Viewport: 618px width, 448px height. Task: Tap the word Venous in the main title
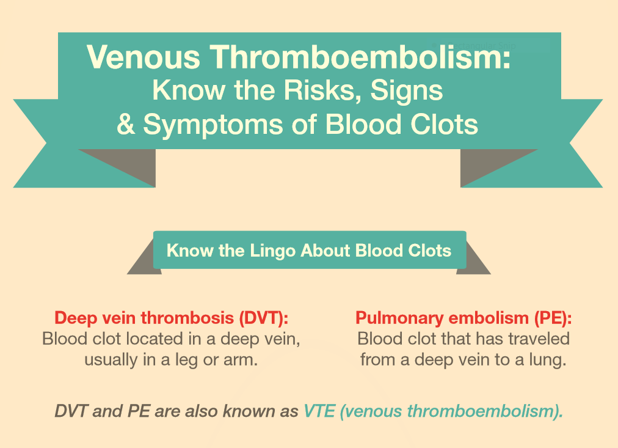[144, 57]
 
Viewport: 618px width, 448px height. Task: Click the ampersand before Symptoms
[126, 125]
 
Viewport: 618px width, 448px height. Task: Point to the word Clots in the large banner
[444, 125]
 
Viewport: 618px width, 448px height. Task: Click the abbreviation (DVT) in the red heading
[263, 318]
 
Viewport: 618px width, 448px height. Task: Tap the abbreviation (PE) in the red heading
[553, 318]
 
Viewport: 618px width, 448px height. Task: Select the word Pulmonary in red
[399, 318]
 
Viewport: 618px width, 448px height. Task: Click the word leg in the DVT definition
[187, 361]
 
